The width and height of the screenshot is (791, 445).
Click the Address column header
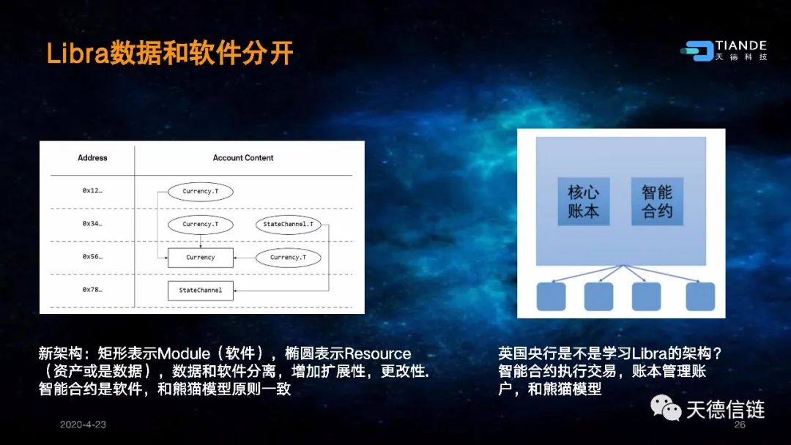pyautogui.click(x=92, y=158)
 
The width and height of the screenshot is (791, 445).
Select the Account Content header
pyautogui.click(x=243, y=158)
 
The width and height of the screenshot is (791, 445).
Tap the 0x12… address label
pyautogui.click(x=92, y=190)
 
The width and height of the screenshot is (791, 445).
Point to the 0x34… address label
pyautogui.click(x=92, y=223)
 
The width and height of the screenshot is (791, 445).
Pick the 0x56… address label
pyautogui.click(x=92, y=256)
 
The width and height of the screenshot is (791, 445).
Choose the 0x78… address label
pyautogui.click(x=92, y=290)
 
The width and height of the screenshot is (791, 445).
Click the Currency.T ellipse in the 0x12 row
pyautogui.click(x=200, y=192)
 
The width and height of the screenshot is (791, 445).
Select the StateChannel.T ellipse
pyautogui.click(x=288, y=224)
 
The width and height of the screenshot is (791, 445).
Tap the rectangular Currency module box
pyautogui.click(x=200, y=258)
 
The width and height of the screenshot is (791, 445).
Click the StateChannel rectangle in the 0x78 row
pyautogui.click(x=200, y=291)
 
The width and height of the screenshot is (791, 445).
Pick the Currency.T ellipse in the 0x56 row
pyautogui.click(x=288, y=258)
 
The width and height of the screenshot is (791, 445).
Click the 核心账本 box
pyautogui.click(x=584, y=201)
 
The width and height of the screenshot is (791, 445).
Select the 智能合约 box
pyautogui.click(x=657, y=201)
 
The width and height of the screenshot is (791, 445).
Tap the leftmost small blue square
pyautogui.click(x=551, y=296)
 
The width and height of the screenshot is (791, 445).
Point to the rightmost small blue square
pyautogui.click(x=700, y=296)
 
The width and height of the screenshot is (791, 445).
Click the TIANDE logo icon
pyautogui.click(x=697, y=51)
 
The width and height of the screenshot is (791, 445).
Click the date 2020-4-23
pyautogui.click(x=83, y=425)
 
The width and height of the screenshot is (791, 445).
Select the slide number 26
pyautogui.click(x=740, y=425)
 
